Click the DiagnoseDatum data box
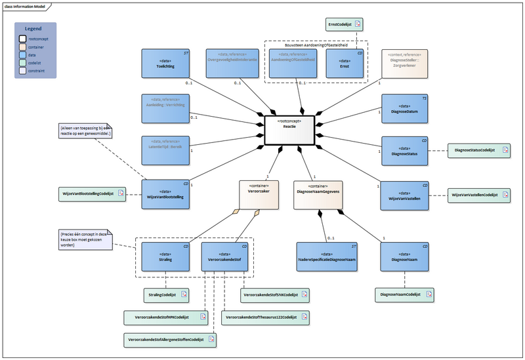tap(405, 108)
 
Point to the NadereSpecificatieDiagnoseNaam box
tap(327, 256)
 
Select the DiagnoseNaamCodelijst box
tap(404, 295)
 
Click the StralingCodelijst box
tap(165, 295)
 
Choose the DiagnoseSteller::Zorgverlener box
tap(405, 63)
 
